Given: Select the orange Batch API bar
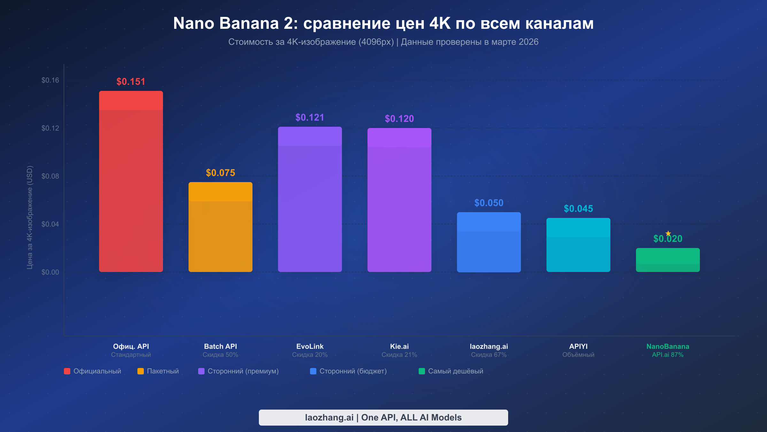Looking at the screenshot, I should [221, 227].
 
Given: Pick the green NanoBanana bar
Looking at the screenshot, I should [668, 260].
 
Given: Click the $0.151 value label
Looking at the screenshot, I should [131, 82].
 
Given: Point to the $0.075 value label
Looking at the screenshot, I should [221, 173].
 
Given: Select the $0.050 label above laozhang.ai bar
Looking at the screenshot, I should [489, 203].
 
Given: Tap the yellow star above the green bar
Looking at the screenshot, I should [668, 233].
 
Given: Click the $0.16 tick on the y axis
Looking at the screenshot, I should [50, 80].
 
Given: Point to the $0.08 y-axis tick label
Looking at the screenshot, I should [50, 176].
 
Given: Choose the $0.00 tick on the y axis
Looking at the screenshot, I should [50, 272].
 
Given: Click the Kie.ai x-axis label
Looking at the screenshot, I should [399, 346].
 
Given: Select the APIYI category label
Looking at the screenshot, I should [578, 346].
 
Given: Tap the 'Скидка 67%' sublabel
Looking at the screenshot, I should [489, 355].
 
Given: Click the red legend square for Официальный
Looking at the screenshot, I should [67, 371].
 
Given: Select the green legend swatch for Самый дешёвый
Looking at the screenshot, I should [422, 371].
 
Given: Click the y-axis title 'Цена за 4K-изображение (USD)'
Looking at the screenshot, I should [30, 218].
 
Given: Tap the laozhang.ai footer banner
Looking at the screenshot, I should [383, 418].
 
